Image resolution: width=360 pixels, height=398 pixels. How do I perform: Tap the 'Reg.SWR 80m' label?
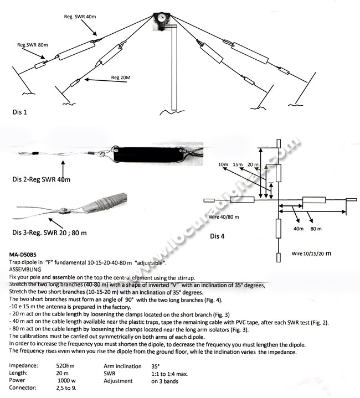tap(32, 44)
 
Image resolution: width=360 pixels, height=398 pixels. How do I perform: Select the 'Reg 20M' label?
tap(121, 77)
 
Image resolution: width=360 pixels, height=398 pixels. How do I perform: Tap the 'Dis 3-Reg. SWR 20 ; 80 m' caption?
tap(50, 232)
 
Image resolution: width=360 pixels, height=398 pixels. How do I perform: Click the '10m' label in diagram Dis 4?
tap(223, 164)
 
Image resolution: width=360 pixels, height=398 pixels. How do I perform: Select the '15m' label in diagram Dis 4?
tap(238, 164)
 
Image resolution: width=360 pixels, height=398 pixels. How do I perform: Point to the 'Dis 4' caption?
tap(217, 236)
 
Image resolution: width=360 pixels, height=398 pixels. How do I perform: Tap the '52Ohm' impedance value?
tap(65, 366)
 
